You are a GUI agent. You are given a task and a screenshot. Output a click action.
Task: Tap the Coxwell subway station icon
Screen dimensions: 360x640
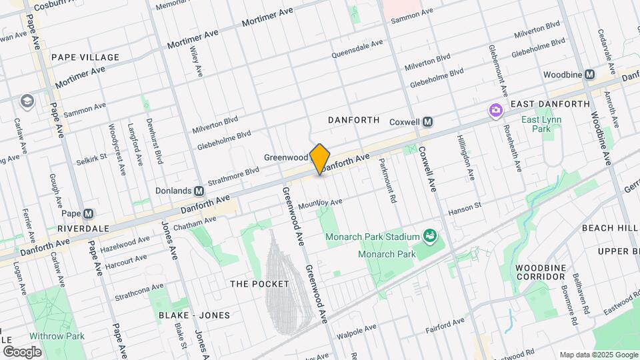428,122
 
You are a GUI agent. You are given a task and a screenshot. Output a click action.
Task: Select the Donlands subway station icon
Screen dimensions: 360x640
199,190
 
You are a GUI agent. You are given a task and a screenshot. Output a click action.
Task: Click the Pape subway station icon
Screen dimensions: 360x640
89,213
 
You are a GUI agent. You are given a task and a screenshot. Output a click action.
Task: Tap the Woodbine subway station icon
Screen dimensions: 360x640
589,75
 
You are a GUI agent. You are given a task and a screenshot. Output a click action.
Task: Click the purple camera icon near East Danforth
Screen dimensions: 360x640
495,109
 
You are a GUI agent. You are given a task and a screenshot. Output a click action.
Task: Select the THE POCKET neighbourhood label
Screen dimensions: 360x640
259,284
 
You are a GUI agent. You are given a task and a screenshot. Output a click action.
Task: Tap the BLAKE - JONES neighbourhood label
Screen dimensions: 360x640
194,315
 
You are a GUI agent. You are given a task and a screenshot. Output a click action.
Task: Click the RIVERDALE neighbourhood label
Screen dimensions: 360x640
83,228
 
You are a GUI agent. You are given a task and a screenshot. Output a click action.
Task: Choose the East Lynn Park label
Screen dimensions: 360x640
541,125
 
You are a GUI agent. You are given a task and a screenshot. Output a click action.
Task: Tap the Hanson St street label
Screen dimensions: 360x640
469,207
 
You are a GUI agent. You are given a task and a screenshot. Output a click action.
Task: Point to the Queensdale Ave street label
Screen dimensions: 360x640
358,47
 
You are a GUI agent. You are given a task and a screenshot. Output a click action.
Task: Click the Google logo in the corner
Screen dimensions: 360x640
22,351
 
